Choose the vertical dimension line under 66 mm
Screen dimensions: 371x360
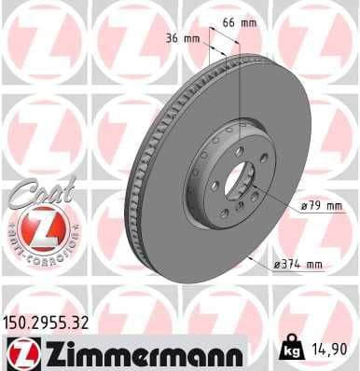click(x=241, y=75)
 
